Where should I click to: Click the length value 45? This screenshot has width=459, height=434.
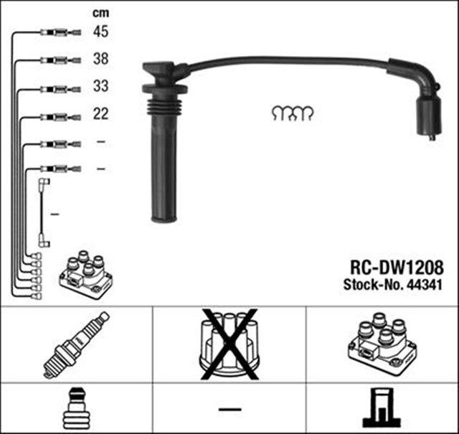100,32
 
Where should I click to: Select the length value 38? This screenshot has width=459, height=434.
100,60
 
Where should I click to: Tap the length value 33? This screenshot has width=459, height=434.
100,88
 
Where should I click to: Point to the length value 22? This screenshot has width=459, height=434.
100,114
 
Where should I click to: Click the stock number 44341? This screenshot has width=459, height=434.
423,283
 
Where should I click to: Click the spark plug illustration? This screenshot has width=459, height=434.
75,344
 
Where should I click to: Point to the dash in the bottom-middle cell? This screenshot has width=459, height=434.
229,410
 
